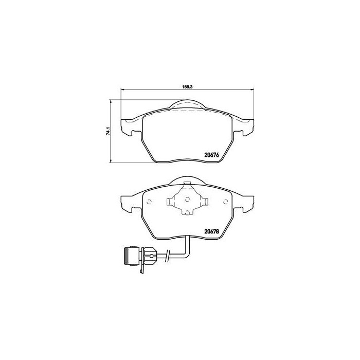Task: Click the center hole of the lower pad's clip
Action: [187, 199]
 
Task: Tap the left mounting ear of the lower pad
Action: [127, 203]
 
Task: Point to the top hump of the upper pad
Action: [187, 104]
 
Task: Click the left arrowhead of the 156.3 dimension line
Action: [122, 92]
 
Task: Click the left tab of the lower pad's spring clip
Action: [169, 202]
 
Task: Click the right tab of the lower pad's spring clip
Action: [206, 202]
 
